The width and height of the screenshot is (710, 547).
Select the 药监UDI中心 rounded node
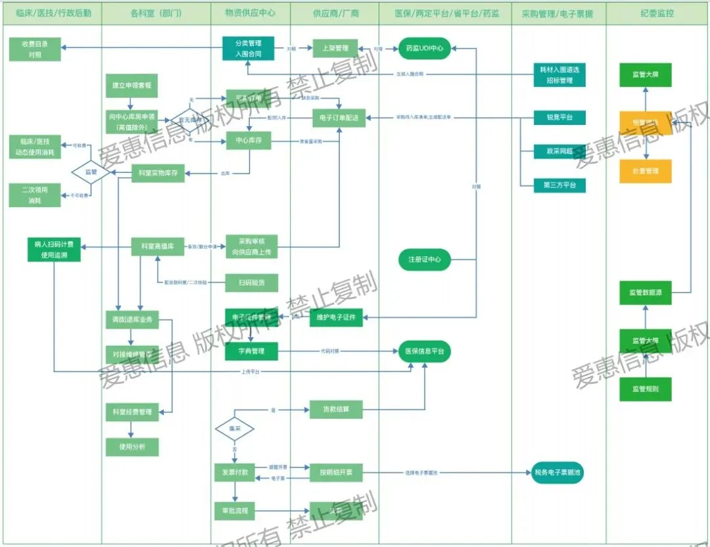424,48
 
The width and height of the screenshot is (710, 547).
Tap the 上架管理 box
335,48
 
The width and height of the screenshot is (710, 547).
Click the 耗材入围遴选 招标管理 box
560,75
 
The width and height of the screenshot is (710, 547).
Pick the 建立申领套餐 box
132,86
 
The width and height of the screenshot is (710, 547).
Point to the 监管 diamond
91,172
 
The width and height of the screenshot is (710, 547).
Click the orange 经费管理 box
645,171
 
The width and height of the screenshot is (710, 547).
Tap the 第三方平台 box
559,185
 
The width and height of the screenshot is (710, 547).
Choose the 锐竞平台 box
559,118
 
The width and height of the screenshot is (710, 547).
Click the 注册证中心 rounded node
424,260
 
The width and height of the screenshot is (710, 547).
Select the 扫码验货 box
252,283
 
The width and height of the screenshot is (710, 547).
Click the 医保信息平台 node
424,352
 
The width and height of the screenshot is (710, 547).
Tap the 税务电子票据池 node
557,472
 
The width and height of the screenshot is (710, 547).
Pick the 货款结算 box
335,409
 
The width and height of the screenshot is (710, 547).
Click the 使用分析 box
132,447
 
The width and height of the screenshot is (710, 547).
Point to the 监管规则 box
645,389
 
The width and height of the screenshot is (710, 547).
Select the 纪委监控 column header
657,12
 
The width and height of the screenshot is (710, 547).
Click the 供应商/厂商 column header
335,12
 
